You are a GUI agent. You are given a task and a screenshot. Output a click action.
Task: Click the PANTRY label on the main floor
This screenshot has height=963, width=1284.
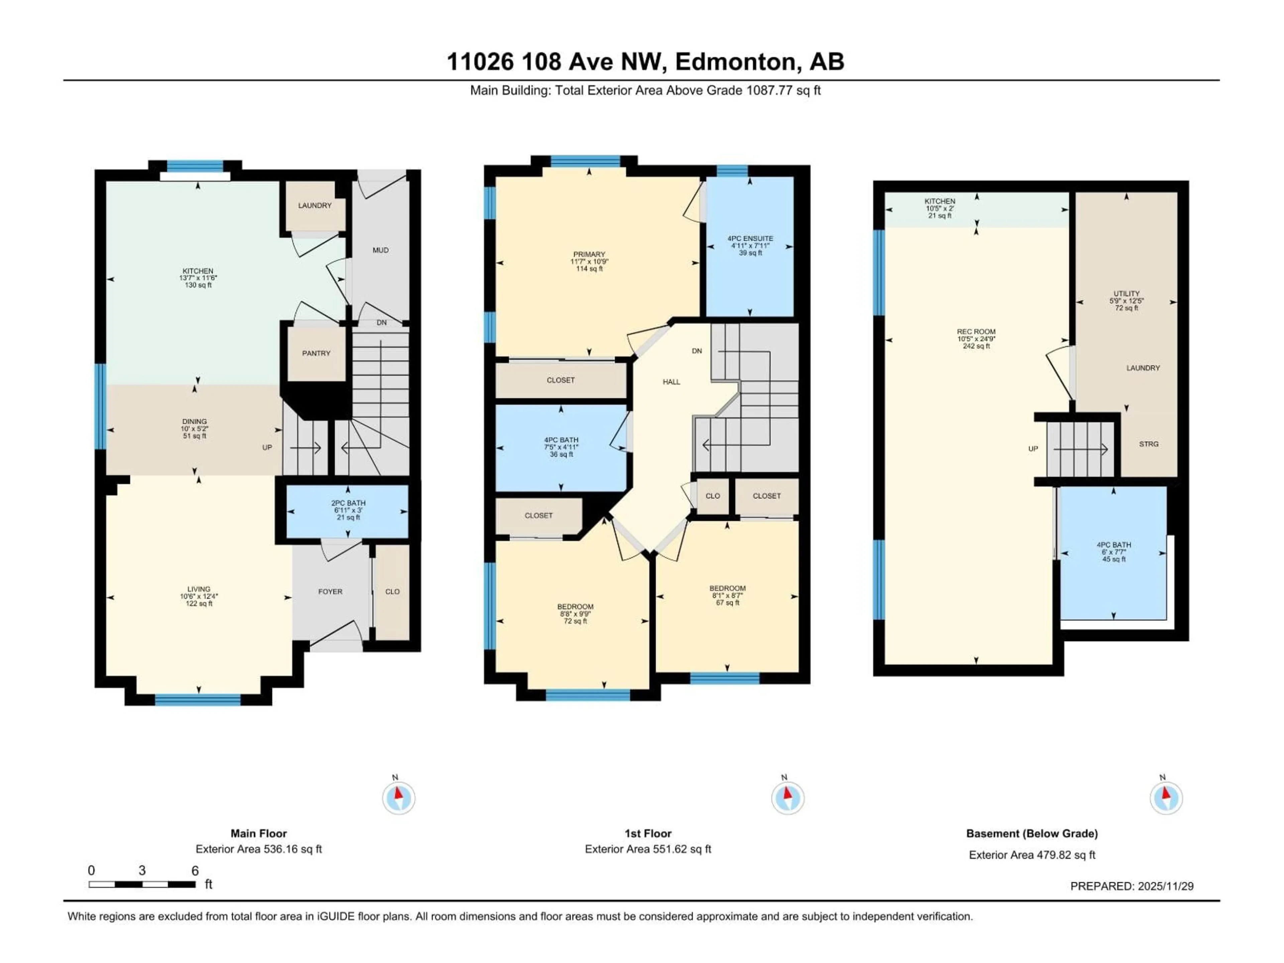point(316,353)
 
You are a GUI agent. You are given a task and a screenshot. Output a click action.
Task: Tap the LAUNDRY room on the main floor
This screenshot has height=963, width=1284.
point(315,206)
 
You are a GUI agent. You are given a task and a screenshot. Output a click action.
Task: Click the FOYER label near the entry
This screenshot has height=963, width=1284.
point(330,592)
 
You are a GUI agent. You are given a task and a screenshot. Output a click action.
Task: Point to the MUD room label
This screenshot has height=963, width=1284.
point(380,250)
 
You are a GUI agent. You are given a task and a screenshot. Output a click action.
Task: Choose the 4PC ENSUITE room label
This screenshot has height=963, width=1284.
point(750,238)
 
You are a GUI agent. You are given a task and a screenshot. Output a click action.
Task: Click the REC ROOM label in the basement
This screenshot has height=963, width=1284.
point(976,331)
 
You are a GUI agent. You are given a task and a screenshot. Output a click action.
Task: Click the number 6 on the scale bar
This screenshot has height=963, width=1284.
point(195,871)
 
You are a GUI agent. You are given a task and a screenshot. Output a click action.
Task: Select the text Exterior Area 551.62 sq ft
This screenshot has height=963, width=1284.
point(648,849)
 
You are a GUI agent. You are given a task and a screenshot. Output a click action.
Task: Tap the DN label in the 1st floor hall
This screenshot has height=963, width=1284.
point(697,351)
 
